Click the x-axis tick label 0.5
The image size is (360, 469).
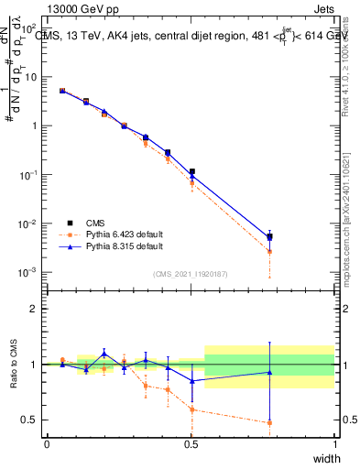point(191,443)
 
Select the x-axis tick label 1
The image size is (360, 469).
point(335,443)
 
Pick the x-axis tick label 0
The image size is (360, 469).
point(47,443)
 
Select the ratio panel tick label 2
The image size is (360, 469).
point(34,309)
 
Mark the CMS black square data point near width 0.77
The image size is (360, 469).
point(269,237)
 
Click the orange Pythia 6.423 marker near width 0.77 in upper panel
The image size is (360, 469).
point(269,252)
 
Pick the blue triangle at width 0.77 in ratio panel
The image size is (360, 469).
point(269,372)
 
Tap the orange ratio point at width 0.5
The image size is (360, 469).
point(191,409)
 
